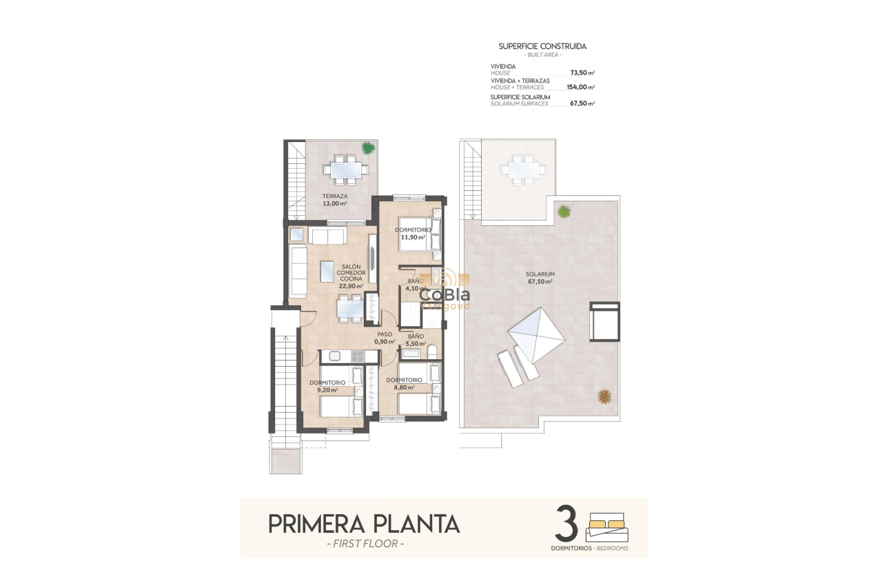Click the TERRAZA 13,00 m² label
pos(335,200)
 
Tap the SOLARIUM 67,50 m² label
pos(542,277)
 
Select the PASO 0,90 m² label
pos(384,338)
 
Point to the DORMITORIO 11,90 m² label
pos(413,233)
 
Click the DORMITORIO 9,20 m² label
pos(327,386)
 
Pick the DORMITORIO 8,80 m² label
pos(404,383)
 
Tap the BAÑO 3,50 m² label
pos(415,339)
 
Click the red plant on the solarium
pos(604,396)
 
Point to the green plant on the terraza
pos(369,147)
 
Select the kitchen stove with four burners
pos(358,356)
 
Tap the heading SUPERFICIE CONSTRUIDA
pos(542,46)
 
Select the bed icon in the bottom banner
pos(607,529)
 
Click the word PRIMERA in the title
pos(314,524)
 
